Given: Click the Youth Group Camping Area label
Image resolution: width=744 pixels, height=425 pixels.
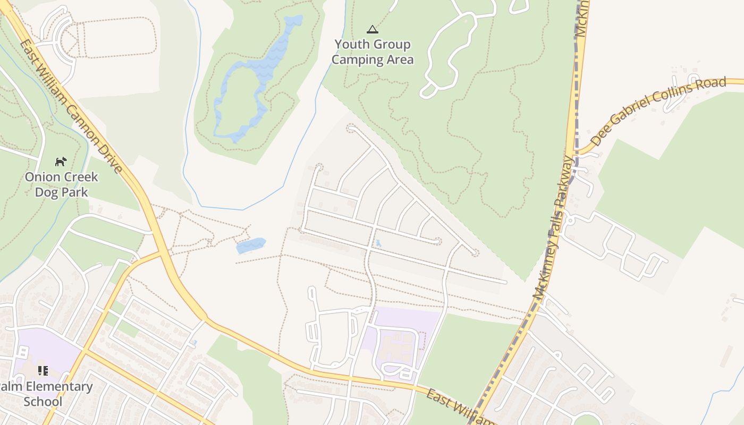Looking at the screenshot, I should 372,52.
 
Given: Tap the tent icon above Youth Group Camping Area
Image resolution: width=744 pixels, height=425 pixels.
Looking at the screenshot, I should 373,29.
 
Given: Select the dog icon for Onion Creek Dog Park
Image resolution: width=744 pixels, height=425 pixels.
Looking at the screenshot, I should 61,161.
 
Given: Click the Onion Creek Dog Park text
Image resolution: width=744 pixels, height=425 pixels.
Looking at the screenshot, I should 62,184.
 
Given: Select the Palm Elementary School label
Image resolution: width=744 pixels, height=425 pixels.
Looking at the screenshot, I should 45,394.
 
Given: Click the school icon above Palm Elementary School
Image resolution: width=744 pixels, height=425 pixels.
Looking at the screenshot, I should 43,370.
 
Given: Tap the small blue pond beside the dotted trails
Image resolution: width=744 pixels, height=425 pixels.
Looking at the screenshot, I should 250,245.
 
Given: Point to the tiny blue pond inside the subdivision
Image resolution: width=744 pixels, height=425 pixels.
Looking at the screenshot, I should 378,243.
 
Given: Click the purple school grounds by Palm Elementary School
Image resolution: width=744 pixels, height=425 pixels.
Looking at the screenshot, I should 48,351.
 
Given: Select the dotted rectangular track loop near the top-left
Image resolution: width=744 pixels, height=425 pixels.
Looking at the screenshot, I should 117,37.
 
